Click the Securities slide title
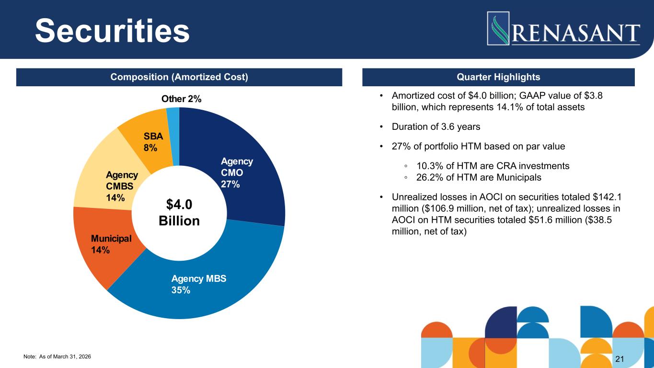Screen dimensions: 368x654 [113, 30]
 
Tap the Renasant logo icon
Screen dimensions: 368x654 [499, 28]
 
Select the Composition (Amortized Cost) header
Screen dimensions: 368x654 [179, 77]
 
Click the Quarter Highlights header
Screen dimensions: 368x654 [498, 77]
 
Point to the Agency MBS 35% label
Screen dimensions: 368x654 [198, 284]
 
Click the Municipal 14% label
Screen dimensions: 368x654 [111, 244]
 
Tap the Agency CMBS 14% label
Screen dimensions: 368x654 [122, 187]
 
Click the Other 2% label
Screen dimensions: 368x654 [181, 99]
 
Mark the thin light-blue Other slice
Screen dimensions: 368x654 [173, 115]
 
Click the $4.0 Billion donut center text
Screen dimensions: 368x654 [179, 213]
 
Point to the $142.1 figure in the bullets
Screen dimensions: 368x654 [609, 197]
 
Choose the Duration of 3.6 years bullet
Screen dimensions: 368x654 [436, 127]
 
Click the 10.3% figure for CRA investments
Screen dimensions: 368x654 [427, 166]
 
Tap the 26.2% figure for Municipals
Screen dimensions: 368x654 [427, 177]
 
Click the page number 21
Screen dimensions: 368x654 [620, 359]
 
